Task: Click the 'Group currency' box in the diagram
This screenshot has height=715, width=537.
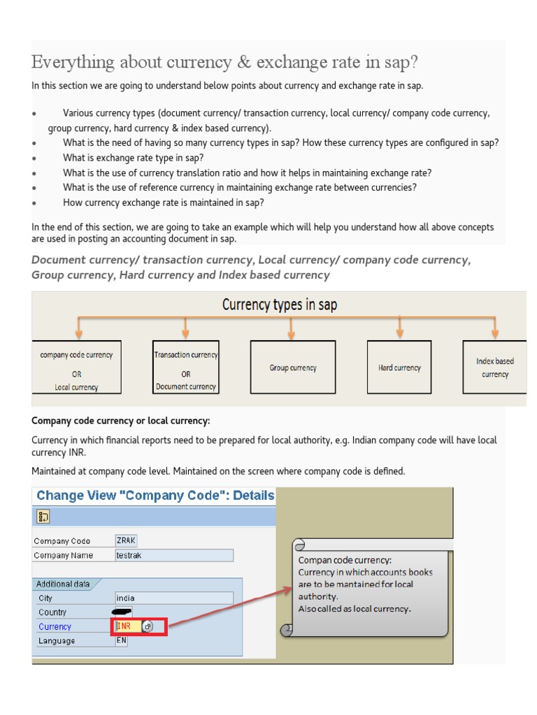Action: click(293, 367)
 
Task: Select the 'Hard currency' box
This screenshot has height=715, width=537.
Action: click(399, 367)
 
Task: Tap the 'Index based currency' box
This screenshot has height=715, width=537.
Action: click(494, 367)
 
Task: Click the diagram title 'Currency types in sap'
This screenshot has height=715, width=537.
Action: click(279, 305)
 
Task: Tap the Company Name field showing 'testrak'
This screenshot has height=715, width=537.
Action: click(173, 555)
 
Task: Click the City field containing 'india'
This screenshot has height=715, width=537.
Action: click(173, 598)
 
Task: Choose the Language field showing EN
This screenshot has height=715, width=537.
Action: click(122, 640)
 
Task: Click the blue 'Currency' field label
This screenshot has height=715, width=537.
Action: click(55, 627)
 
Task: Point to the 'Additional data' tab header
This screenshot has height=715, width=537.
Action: click(64, 584)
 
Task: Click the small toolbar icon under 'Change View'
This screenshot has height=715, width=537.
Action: click(43, 517)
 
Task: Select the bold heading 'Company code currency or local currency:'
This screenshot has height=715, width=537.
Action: click(121, 421)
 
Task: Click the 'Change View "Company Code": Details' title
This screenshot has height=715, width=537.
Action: click(155, 496)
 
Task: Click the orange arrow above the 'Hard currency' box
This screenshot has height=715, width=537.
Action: click(399, 327)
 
